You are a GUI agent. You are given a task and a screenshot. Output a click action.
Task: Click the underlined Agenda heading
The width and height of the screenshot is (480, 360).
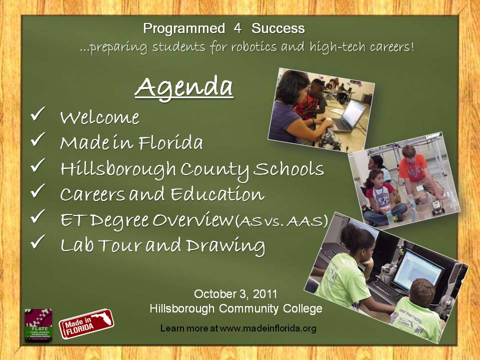pos(184,87)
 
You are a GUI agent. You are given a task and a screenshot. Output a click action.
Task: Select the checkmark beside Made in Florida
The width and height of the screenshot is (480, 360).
pos(38,139)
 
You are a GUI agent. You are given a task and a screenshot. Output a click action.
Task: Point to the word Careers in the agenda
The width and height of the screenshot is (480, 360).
pos(92,194)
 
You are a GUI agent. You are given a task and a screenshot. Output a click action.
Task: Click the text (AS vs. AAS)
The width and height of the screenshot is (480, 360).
pos(281,220)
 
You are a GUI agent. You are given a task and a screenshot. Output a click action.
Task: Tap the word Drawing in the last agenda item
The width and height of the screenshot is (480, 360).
pos(225,246)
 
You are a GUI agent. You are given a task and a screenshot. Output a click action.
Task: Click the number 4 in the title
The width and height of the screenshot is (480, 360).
pos(237,28)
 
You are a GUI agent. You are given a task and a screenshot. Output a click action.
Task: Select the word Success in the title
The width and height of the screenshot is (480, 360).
pos(278,28)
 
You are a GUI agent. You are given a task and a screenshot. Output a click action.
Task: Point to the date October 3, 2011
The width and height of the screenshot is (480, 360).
pos(235,294)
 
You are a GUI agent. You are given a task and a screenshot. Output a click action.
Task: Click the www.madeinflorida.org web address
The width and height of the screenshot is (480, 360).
pos(268,328)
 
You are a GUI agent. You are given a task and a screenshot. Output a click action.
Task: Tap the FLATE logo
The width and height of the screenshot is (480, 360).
pos(38,325)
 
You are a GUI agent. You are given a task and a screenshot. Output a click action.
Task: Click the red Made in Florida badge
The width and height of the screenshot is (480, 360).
pos(86,323)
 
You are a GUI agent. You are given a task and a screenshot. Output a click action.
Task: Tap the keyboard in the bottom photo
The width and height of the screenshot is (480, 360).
pos(386,289)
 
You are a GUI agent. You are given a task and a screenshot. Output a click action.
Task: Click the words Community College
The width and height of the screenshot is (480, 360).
pos(270,309)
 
